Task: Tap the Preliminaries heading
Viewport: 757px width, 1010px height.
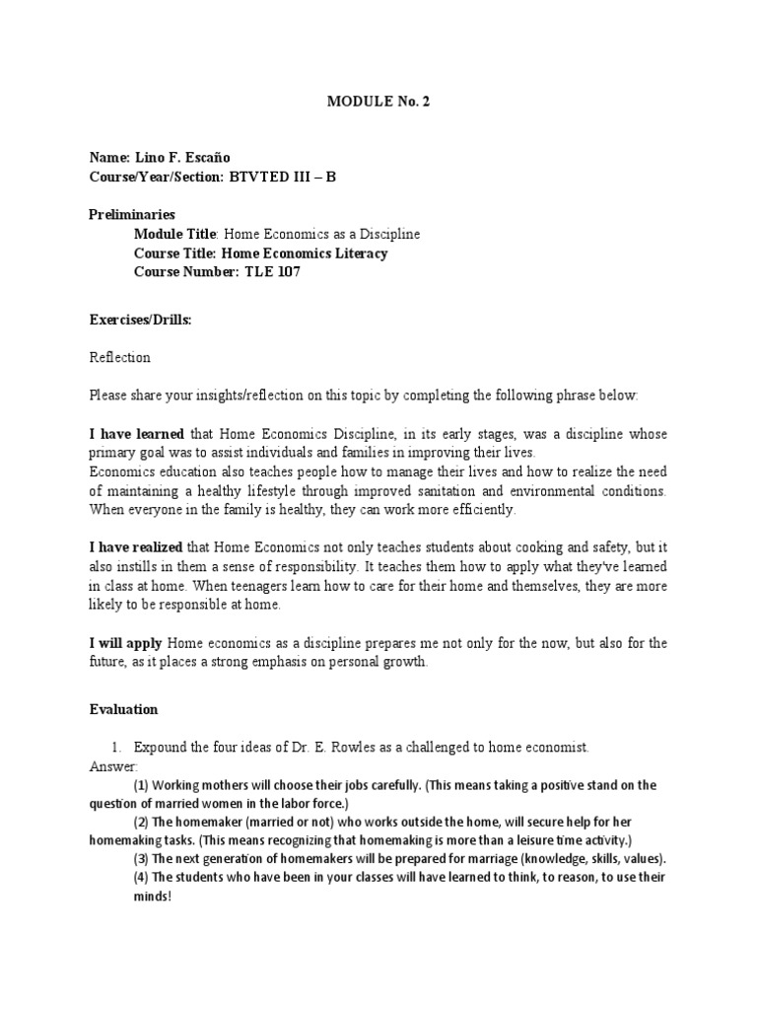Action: [132, 214]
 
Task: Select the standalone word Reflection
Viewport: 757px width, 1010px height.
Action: [119, 357]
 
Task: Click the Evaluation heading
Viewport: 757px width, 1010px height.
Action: [123, 709]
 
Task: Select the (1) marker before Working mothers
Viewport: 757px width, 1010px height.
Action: [141, 785]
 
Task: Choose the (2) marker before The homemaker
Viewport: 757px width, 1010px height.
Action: [141, 822]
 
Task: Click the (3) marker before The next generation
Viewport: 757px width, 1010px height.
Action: [141, 858]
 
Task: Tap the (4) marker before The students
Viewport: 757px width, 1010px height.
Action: [141, 877]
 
